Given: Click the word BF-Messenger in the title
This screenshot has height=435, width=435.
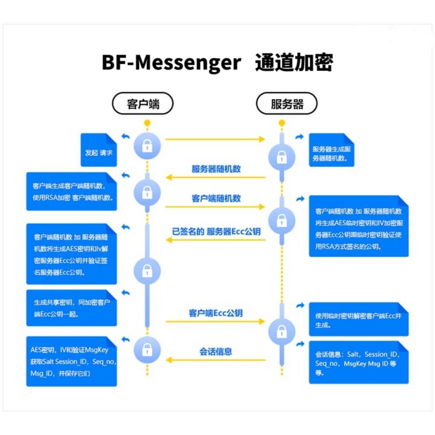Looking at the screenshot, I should click(x=171, y=63).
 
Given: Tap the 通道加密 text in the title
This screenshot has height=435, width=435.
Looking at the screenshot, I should click(x=294, y=63).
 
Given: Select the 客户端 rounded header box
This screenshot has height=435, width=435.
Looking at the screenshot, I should click(x=143, y=103).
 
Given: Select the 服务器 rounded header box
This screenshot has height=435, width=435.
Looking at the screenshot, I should click(x=287, y=103).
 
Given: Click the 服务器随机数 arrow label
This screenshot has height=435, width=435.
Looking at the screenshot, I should click(x=216, y=169).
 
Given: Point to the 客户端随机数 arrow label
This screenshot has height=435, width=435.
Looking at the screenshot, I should click(x=216, y=198).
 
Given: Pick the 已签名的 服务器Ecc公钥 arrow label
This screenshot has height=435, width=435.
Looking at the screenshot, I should click(x=216, y=232).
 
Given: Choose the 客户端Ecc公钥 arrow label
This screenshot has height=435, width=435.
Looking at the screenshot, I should click(x=216, y=313).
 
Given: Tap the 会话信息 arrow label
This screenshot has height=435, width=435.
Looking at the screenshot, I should click(x=216, y=351).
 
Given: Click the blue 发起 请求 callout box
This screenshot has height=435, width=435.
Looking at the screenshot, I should click(x=99, y=150).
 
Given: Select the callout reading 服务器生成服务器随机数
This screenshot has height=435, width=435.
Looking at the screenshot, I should click(x=331, y=150).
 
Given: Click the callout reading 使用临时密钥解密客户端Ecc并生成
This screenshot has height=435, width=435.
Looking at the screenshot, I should click(x=359, y=319).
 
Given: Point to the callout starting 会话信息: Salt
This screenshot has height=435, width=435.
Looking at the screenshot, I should click(x=359, y=362).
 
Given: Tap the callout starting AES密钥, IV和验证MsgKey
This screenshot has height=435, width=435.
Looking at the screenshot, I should click(x=71, y=361).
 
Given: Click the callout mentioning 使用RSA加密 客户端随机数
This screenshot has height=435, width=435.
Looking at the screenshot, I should click(x=71, y=192).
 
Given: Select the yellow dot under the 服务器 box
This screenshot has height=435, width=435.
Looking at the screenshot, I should click(x=281, y=123).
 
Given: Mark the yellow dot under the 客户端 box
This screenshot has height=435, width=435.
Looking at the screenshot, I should click(x=147, y=123).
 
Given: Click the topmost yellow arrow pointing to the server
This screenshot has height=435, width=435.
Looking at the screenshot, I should click(x=215, y=139).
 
